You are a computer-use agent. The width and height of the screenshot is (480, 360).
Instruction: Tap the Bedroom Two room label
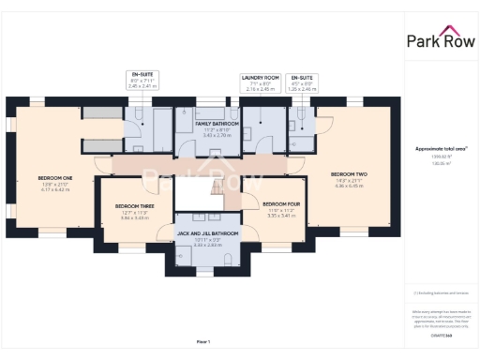click(x=347, y=173)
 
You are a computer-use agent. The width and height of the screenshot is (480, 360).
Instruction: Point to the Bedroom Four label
click(x=280, y=203)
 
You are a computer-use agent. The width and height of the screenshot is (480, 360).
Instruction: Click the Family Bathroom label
click(x=217, y=124)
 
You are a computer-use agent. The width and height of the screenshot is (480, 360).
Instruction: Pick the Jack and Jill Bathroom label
click(x=207, y=232)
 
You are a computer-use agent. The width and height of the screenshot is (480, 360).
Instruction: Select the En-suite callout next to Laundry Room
click(x=303, y=82)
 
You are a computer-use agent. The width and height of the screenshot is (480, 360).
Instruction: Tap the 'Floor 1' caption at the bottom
click(x=202, y=341)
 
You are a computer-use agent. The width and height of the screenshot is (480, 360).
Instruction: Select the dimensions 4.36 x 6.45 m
click(x=347, y=185)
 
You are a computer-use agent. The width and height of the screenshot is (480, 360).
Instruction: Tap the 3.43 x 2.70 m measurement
click(x=217, y=135)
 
